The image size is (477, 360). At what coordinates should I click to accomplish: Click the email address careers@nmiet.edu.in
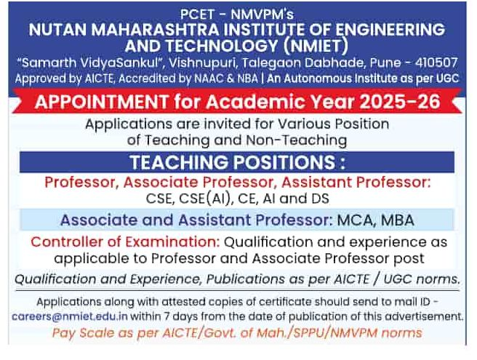(70, 316)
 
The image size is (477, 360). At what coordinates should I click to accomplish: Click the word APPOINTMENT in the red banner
(102, 101)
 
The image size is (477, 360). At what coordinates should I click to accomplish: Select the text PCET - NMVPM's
(237, 14)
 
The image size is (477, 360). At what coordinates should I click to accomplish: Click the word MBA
(398, 220)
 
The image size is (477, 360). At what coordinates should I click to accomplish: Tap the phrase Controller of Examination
(125, 242)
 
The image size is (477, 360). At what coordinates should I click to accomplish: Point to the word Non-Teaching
(296, 140)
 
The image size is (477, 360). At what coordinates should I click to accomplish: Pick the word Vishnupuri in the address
(203, 63)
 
